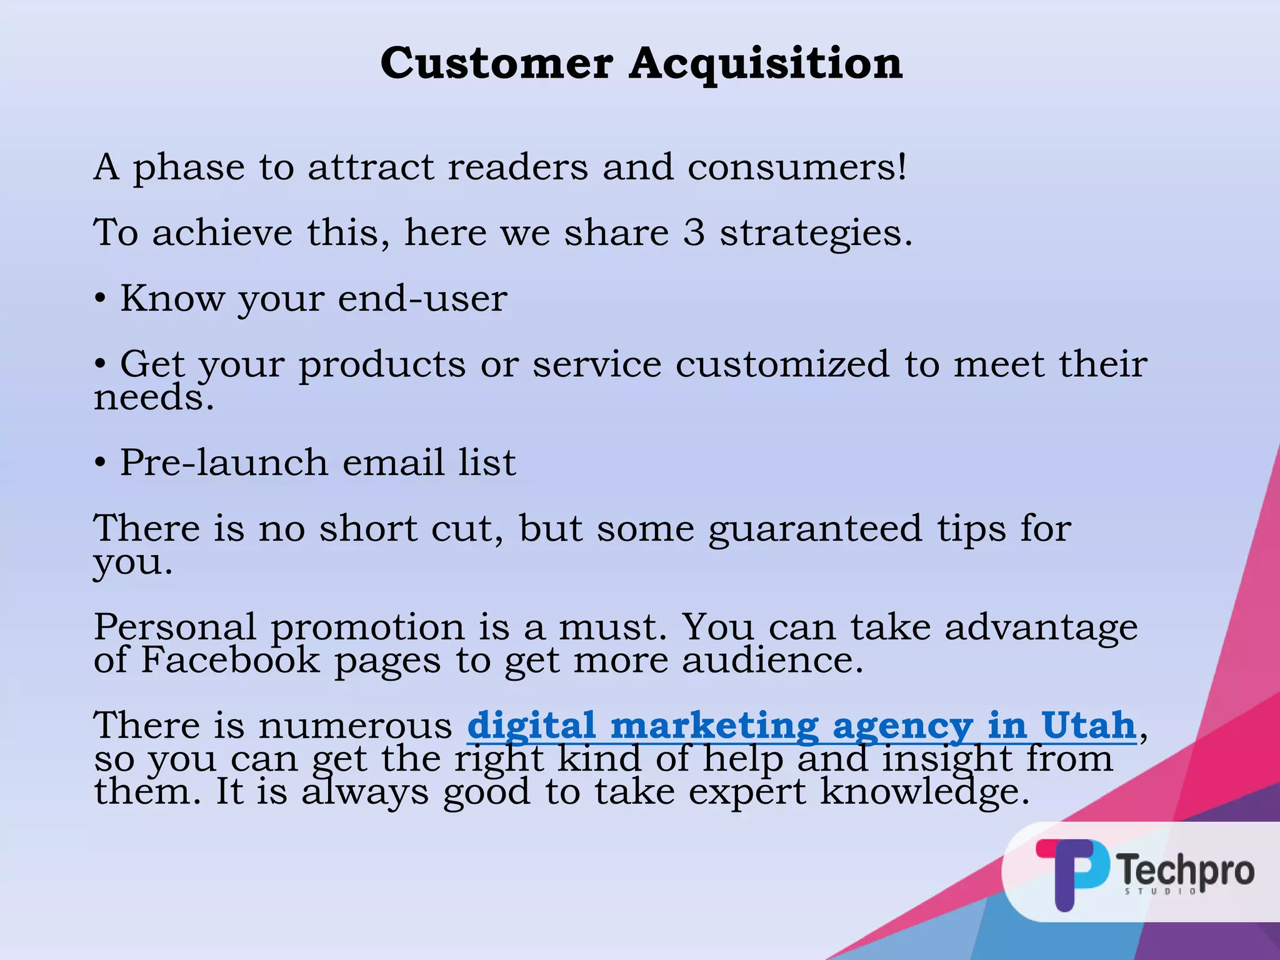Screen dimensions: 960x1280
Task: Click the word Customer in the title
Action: point(496,64)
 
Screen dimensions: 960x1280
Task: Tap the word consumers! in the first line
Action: point(797,167)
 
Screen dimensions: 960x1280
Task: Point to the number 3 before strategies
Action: point(694,232)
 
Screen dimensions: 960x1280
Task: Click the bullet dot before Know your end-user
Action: point(100,299)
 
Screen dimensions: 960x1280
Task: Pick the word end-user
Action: point(422,298)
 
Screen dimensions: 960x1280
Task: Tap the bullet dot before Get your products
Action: point(100,364)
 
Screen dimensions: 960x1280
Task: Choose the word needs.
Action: point(154,397)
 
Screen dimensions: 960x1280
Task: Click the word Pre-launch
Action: point(224,462)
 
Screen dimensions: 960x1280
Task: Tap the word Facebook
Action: point(230,660)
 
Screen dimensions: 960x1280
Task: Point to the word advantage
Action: point(1041,627)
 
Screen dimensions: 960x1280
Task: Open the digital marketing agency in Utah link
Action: point(801,726)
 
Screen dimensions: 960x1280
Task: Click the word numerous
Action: point(355,726)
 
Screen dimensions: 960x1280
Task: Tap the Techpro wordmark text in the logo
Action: point(1185,870)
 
